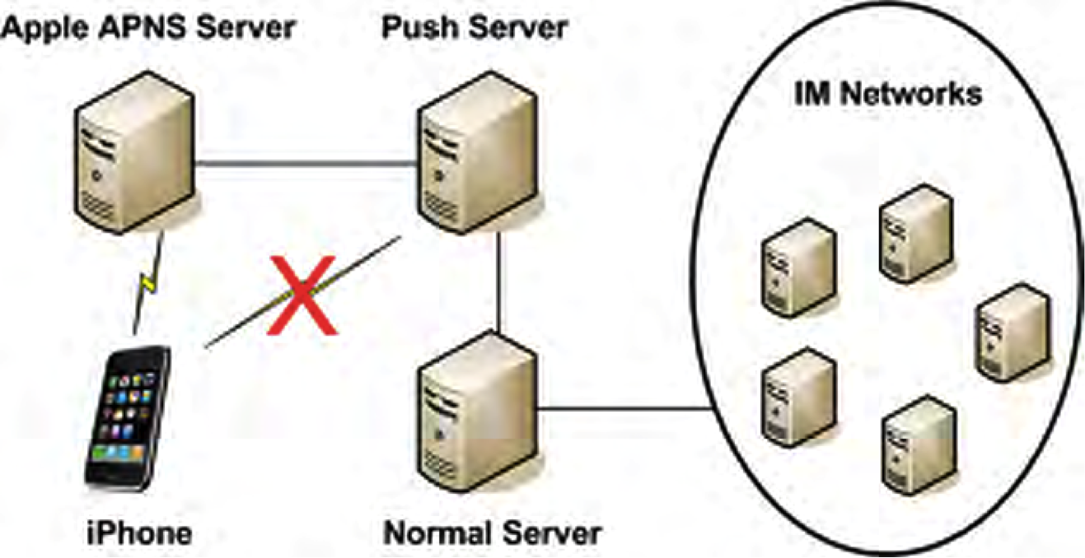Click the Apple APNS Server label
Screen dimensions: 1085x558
[147, 28]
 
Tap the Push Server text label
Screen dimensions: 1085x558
[475, 28]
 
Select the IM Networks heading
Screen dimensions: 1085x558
[888, 93]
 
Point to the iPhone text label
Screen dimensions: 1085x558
[139, 532]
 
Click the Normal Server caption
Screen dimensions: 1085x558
[492, 532]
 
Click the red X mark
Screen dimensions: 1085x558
[302, 295]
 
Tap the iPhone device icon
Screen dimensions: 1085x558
[128, 418]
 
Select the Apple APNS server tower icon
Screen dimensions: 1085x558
[135, 153]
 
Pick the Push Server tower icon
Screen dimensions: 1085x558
[478, 153]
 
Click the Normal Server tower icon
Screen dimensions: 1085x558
[478, 412]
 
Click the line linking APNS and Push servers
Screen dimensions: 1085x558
[306, 165]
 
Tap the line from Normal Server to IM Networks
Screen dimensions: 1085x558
[625, 409]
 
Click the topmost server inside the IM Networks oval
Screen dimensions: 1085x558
[916, 234]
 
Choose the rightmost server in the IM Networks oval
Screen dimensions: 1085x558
[1013, 333]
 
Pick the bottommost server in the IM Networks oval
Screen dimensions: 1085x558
[919, 445]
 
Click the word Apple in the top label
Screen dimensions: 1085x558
[45, 28]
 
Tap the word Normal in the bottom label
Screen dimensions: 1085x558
[438, 532]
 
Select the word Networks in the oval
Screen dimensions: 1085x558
[911, 93]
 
